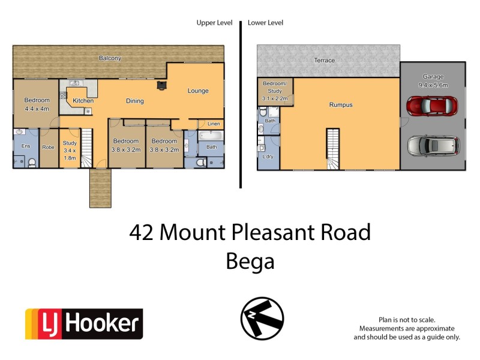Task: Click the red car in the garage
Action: pos(431,107)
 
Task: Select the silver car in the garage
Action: pos(433,146)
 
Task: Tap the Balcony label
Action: pos(110,58)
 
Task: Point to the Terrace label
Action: pos(325,61)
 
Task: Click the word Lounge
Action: pos(198,91)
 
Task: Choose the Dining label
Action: pos(134,101)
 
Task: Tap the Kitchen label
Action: pos(83,101)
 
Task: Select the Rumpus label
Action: pos(340,105)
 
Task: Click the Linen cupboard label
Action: pos(214,124)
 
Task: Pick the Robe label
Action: pos(48,146)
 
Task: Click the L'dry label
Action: pos(268,157)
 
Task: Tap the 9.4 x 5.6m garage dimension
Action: pos(433,85)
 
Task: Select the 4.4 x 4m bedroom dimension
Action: pos(36,109)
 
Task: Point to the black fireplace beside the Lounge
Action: pos(161,86)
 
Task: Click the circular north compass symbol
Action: pos(262,319)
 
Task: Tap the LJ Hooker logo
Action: pos(83,324)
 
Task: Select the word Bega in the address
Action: pos(250,261)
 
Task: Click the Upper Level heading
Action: pos(214,23)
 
